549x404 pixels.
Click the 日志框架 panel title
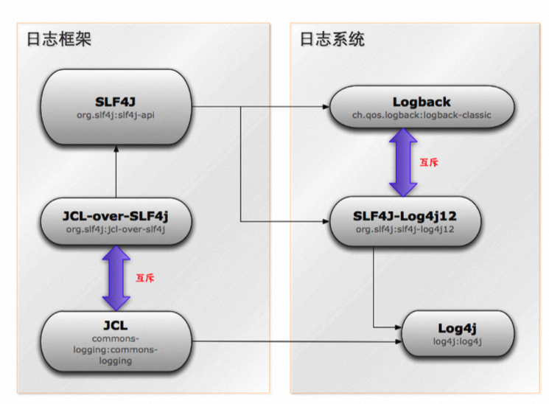pyautogui.click(x=59, y=40)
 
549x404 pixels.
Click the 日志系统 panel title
pyautogui.click(x=332, y=40)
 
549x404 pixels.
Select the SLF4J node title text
pyautogui.click(x=116, y=99)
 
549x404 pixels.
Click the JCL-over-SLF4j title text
pyautogui.click(x=116, y=215)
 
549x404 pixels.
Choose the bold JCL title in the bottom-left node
pyautogui.click(x=116, y=325)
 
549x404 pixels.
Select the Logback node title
pyautogui.click(x=411, y=102)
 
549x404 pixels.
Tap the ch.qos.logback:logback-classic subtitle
pyautogui.click(x=411, y=115)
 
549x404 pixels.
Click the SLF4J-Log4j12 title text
pyautogui.click(x=405, y=215)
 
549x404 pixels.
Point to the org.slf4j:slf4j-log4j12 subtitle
pyautogui.click(x=405, y=229)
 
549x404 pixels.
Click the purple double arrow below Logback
pyautogui.click(x=402, y=161)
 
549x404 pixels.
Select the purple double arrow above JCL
pyautogui.click(x=116, y=278)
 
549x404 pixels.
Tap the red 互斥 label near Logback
pyautogui.click(x=429, y=162)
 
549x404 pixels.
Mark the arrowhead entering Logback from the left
pyautogui.click(x=325, y=107)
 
